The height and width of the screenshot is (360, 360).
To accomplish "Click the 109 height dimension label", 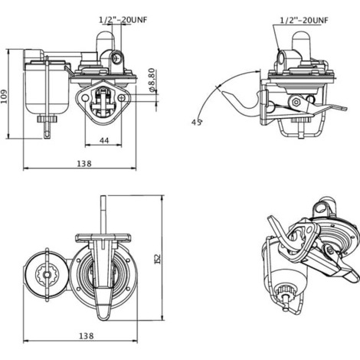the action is pos(5,97).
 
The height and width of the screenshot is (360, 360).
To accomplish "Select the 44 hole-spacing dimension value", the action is pos(104,140).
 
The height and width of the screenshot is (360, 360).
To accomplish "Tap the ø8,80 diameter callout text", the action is pos(151,80).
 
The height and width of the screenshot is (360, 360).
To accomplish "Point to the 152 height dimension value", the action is pos(158,259).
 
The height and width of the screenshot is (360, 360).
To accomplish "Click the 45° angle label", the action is pos(197,123).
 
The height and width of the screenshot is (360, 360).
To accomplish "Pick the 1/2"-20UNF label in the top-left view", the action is pos(123,20).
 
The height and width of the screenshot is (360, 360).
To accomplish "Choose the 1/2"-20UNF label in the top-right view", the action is pos(304,20).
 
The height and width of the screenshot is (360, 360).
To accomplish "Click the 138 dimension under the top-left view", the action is pos(84,163).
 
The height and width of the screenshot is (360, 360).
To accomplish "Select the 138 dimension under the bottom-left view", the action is pos(87,335).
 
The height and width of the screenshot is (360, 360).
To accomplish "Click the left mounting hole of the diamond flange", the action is pos(85,98).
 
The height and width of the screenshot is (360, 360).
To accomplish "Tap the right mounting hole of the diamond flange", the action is pos(122,97).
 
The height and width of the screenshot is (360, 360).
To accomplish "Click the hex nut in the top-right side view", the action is pos(296,103).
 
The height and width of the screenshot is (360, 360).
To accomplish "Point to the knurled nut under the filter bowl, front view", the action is pos(47,119).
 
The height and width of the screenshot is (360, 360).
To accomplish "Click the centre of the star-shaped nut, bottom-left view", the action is pos(47,275).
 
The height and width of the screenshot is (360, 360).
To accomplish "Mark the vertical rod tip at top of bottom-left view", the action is pos(103,197).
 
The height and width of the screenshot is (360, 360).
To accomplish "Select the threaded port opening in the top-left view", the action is pos(117,58).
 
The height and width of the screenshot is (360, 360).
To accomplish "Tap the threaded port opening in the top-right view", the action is pos(281,58).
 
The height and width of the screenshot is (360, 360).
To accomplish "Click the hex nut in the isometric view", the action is pos(330,250).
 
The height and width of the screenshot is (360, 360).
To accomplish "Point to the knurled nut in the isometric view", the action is pos(286,291).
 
